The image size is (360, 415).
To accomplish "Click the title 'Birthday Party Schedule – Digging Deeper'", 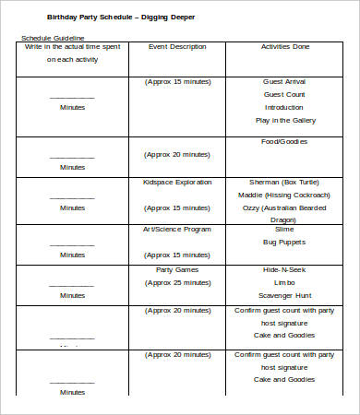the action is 121,17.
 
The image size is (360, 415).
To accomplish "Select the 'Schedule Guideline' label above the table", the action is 51,38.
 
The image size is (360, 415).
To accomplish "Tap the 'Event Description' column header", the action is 176,45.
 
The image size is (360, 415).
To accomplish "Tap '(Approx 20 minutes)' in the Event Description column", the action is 176,154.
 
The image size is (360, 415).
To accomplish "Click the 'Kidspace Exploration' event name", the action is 176,183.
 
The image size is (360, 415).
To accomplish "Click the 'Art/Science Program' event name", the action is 176,229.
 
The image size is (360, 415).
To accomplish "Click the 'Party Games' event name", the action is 176,269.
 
